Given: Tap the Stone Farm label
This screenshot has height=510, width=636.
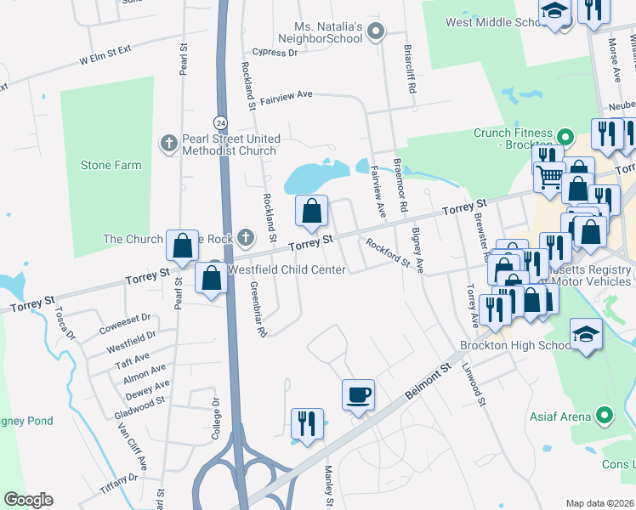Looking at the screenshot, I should point(111,165).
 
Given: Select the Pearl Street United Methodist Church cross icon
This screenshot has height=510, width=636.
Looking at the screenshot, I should point(168,143).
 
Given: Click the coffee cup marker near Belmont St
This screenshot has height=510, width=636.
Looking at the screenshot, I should point(358,394).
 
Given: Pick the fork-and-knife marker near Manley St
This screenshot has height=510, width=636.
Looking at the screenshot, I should point(307,423).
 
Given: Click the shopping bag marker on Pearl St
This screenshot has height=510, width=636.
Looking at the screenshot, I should point(183,246).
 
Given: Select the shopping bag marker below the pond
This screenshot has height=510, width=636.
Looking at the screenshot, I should point(312,210).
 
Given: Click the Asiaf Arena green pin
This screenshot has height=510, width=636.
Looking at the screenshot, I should point(605,416).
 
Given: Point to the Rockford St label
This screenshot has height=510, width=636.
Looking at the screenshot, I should point(388,254).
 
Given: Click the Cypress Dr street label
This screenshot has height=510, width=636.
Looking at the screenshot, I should point(280,53).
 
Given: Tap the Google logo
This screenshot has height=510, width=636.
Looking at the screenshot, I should point(28,499).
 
